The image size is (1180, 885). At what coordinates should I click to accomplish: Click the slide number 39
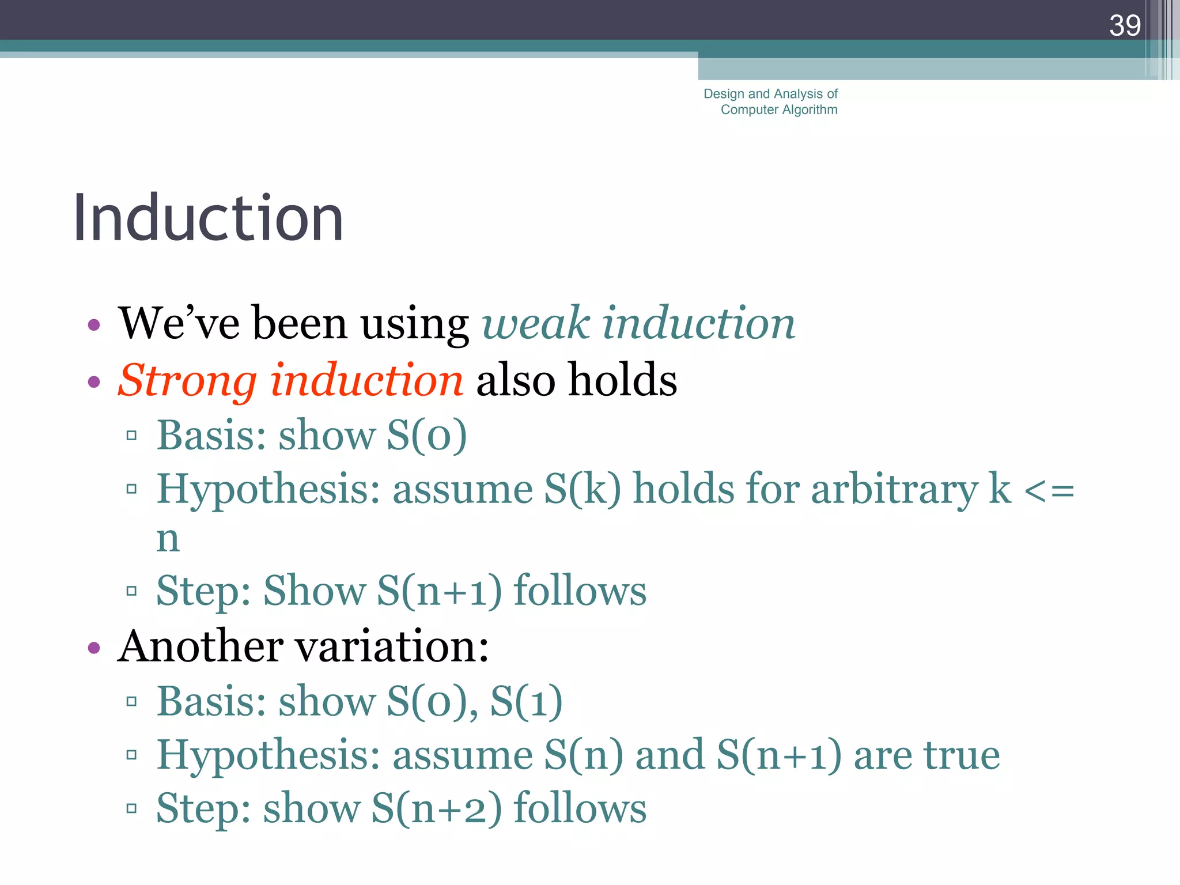[1125, 25]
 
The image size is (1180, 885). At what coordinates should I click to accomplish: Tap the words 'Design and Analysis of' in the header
[770, 94]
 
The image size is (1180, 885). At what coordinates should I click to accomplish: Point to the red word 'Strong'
[187, 380]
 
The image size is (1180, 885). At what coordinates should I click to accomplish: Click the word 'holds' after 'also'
[622, 380]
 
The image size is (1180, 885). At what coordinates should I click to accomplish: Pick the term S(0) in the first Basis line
[426, 435]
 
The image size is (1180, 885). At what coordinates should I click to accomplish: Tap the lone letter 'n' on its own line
[168, 539]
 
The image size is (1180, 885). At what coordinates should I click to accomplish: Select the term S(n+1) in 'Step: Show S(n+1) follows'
[439, 591]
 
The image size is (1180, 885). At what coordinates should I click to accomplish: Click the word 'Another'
[200, 646]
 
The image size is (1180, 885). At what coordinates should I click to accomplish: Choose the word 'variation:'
[392, 646]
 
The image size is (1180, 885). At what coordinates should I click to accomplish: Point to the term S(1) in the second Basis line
[525, 701]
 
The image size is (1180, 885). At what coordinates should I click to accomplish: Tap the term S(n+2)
[436, 808]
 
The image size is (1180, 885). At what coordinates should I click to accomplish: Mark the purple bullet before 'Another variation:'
[94, 648]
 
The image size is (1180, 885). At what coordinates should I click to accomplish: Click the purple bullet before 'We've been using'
[94, 325]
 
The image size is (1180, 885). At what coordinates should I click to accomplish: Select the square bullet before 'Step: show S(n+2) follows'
[131, 808]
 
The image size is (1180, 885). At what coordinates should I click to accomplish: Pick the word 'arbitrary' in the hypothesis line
[894, 490]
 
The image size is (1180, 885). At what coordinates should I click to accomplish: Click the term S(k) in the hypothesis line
[583, 490]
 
